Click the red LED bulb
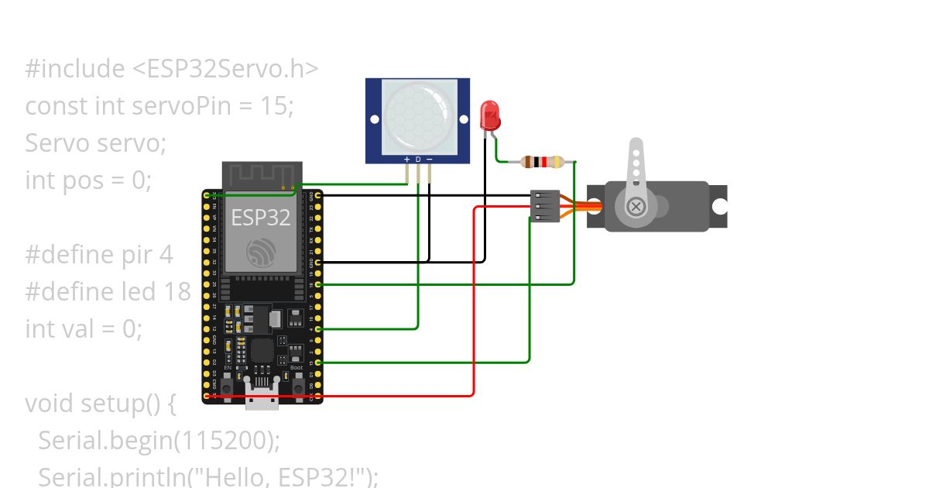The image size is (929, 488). [x=490, y=116]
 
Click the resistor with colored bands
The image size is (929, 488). [x=538, y=162]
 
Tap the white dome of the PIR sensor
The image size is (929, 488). [x=417, y=117]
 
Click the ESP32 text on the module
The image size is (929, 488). [x=261, y=218]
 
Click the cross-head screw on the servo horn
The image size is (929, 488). [x=636, y=206]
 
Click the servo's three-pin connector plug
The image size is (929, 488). [x=545, y=206]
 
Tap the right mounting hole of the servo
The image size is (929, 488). [x=720, y=207]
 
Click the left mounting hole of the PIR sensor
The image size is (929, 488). [x=374, y=120]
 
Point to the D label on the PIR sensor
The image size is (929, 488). [x=418, y=160]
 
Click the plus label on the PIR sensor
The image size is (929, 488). [x=406, y=160]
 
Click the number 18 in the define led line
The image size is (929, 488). [x=177, y=292]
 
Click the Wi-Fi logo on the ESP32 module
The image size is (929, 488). [x=261, y=253]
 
